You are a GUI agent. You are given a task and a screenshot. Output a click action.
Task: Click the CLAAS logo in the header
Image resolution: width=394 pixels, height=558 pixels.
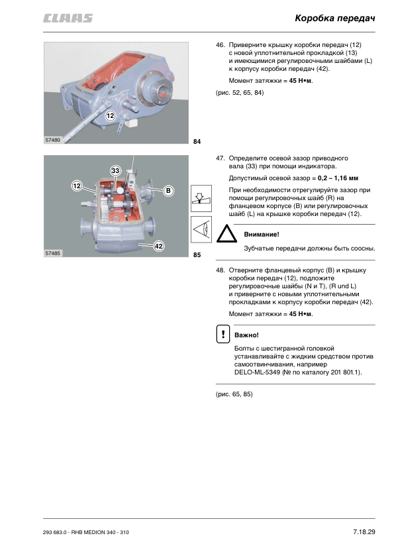coord(68,19)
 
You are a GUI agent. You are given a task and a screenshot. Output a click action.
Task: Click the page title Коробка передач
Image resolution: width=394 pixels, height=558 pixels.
coord(334,18)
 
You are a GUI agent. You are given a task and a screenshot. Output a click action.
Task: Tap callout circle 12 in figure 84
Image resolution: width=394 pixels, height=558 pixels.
coord(110,116)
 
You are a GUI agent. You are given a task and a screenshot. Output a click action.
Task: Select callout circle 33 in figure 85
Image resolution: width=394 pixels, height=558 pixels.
coord(115,171)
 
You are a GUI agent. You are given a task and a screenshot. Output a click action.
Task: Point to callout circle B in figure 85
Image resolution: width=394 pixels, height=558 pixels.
coord(168,191)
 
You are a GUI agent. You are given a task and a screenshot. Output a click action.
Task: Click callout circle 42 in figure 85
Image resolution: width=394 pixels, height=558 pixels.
coord(159,246)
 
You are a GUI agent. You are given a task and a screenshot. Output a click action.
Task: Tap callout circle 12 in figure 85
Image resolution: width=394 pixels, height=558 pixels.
coord(77,186)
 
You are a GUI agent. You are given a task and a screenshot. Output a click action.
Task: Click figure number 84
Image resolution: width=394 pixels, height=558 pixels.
coord(197,142)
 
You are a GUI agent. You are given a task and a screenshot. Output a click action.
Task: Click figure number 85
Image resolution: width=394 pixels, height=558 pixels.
coord(197,254)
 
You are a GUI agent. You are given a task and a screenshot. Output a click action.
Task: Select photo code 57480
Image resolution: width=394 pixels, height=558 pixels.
coord(52,140)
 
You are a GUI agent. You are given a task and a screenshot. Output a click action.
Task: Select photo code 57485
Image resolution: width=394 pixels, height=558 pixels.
coord(52,253)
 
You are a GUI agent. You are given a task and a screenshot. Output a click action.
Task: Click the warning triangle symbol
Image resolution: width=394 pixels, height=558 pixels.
coord(226,234)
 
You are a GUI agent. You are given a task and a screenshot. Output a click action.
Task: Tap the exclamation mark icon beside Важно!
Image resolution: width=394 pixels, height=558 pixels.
coord(223,334)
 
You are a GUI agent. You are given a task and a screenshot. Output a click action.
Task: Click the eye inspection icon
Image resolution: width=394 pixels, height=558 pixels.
coord(201,229)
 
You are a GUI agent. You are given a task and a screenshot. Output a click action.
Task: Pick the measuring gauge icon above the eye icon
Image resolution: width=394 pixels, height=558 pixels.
coord(201,198)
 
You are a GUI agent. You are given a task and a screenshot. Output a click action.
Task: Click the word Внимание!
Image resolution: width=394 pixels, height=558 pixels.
coord(262,234)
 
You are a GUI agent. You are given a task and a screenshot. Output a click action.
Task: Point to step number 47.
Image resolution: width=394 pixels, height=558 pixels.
coord(220,158)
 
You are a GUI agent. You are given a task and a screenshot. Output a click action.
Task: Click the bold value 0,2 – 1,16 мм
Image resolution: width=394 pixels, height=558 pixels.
coord(338,178)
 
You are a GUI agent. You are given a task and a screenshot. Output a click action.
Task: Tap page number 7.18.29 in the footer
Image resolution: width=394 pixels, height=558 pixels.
coord(364,531)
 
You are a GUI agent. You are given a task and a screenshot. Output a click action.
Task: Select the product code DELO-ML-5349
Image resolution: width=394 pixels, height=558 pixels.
coord(257,372)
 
